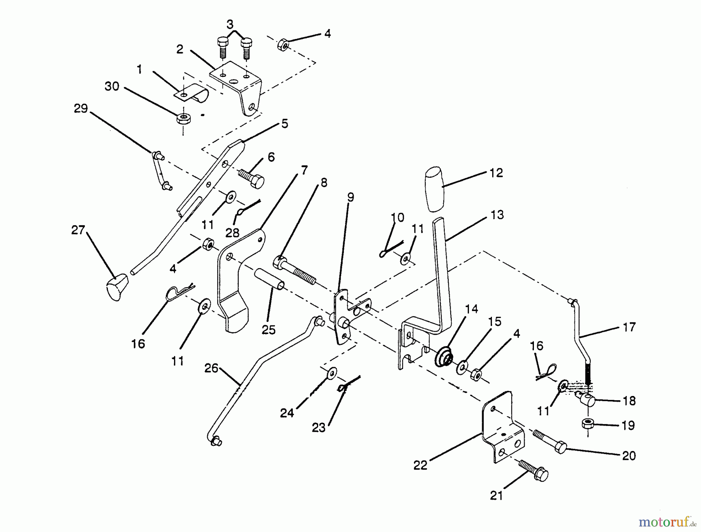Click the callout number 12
click(496, 173)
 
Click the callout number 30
click(112, 86)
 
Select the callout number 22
click(421, 465)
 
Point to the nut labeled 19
click(587, 424)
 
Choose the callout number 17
click(629, 327)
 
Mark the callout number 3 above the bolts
click(230, 25)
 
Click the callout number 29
click(81, 108)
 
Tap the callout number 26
click(211, 368)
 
